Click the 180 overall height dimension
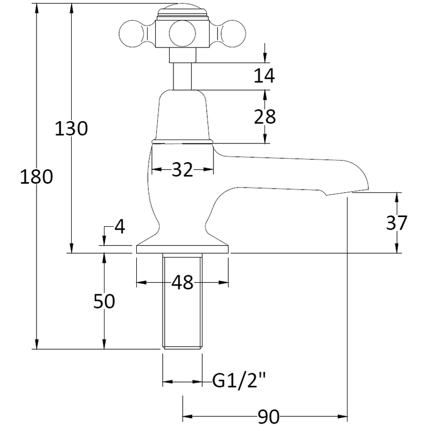click(x=37, y=177)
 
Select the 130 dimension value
click(x=71, y=128)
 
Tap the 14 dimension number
click(x=264, y=75)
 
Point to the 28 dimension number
click(x=265, y=116)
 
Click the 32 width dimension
click(x=183, y=170)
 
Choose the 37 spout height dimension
click(x=397, y=223)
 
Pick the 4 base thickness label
click(x=120, y=227)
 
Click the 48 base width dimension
click(x=183, y=282)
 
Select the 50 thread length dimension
click(x=104, y=301)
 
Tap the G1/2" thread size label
click(x=239, y=381)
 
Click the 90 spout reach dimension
click(x=268, y=416)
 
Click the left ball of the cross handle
click(x=132, y=34)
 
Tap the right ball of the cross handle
click(x=233, y=34)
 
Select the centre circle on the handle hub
click(x=183, y=34)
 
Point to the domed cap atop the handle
click(x=183, y=11)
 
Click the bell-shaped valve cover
click(x=183, y=115)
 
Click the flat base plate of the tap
click(x=183, y=249)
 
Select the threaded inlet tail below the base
click(x=183, y=301)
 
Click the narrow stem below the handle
click(x=182, y=76)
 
